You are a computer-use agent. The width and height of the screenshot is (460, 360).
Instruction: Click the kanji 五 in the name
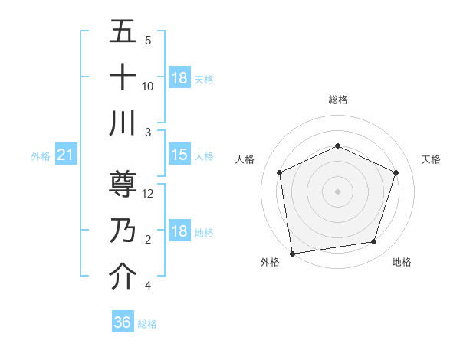(123, 32)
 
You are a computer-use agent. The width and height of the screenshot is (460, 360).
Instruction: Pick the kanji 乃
(123, 231)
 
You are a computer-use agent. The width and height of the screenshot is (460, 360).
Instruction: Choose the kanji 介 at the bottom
(123, 275)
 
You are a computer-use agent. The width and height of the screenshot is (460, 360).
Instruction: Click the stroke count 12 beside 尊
(149, 194)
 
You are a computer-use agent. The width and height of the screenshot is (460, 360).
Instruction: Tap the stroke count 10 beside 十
(148, 86)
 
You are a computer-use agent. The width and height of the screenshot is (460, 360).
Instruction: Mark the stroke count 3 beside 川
(148, 132)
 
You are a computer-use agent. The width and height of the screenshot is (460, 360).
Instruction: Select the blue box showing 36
(123, 322)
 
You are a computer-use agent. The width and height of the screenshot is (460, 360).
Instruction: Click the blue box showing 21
(65, 155)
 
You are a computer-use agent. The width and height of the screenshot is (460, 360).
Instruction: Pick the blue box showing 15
(179, 155)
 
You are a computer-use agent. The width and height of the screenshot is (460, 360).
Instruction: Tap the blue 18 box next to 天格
(179, 78)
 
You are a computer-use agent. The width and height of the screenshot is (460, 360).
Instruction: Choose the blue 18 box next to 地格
(179, 231)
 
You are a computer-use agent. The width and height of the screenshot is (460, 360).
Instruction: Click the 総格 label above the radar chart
(337, 100)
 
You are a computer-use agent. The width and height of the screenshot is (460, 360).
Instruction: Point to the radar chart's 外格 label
(270, 262)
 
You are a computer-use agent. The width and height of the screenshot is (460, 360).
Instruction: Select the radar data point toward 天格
(396, 172)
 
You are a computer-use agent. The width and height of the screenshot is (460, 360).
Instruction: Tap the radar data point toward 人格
(279, 172)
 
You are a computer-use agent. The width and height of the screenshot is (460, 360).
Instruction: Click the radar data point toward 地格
(373, 241)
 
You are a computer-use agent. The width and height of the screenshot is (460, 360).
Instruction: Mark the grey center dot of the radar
(337, 191)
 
